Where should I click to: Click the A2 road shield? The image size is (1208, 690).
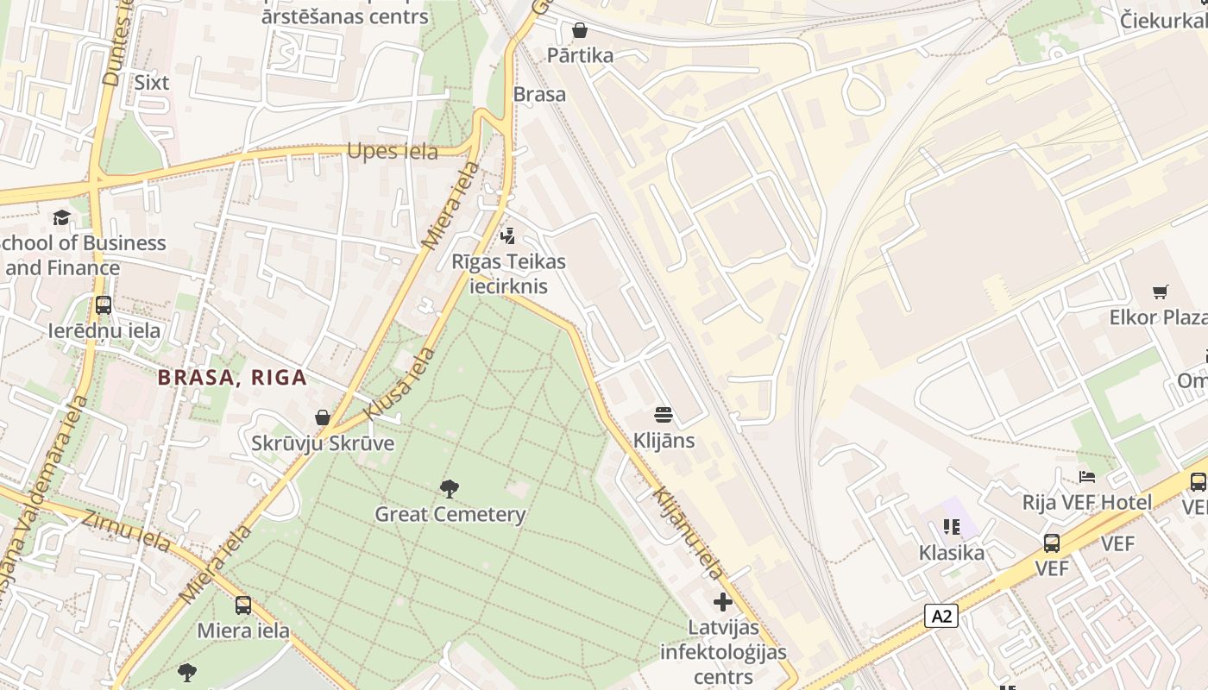pos(941,616)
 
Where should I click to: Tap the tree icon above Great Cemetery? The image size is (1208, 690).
pos(449,489)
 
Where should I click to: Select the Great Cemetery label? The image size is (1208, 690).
pos(450,515)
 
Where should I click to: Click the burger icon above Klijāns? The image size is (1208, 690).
pos(664,415)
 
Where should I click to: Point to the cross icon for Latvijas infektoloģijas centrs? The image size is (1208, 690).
pos(723,602)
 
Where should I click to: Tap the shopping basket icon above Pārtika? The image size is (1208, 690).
pos(580,31)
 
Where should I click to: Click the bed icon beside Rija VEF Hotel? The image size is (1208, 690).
pos(1086,477)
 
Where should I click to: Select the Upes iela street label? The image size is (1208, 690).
pos(393,152)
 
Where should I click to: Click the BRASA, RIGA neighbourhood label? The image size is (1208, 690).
pos(232,378)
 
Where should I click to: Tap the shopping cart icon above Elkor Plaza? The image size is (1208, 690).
pos(1160,292)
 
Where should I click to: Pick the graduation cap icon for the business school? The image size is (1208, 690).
pos(61,217)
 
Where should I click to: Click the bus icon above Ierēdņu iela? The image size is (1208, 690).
pos(104,305)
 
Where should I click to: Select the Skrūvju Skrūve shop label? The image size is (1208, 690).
pos(323,444)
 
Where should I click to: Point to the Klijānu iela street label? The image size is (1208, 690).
pos(688,533)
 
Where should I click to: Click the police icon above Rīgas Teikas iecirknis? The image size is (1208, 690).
pos(508,235)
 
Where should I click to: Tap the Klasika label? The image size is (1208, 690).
pos(951,553)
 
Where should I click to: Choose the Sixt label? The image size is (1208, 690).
pos(152,83)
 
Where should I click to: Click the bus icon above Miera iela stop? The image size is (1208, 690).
pos(243,605)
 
